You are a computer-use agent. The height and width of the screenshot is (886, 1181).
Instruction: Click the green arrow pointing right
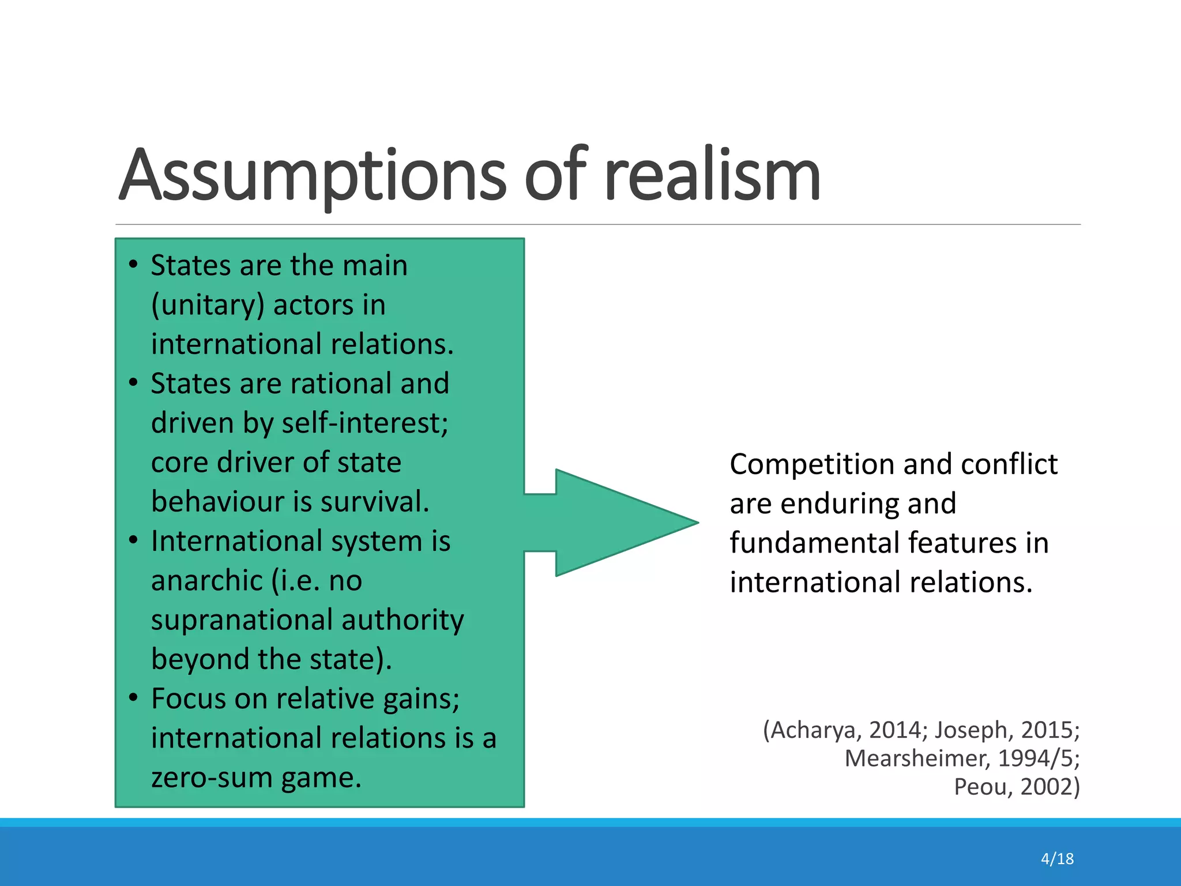click(617, 523)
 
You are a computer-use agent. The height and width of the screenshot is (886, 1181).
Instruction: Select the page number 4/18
click(1057, 859)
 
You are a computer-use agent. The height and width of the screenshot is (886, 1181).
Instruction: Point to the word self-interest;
click(364, 423)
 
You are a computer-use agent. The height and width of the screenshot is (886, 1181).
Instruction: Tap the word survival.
click(375, 502)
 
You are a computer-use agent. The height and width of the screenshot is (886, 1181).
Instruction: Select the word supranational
click(242, 620)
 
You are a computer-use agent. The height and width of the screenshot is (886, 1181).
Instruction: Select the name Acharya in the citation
click(816, 730)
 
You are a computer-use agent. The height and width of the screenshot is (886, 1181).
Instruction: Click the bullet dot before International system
click(134, 541)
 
